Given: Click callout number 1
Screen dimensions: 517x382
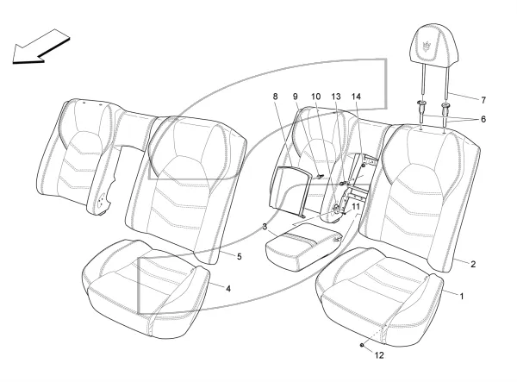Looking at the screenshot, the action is click(462, 297).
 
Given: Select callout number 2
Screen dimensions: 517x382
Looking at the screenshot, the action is click(473, 264).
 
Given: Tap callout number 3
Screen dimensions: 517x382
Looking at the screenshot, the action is click(265, 227).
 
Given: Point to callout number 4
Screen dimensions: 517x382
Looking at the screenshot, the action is click(228, 289).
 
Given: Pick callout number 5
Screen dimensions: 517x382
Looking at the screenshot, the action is click(240, 256).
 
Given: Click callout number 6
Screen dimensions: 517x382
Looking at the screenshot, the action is click(483, 119).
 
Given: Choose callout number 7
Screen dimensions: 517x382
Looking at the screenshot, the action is click(483, 100).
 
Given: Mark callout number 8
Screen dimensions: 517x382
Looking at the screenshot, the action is click(276, 97).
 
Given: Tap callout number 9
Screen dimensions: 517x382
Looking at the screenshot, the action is click(296, 97).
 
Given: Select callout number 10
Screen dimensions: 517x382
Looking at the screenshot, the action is click(315, 97).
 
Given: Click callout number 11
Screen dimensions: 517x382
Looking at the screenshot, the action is click(356, 207).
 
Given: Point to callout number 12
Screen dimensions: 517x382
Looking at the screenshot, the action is click(379, 355).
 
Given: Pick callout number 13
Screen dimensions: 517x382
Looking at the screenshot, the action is click(336, 97).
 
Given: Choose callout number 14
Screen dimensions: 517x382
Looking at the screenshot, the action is click(356, 97).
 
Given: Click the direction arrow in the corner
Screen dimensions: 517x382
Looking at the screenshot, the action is click(40, 46).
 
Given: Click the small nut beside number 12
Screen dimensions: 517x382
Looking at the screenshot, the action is click(362, 345).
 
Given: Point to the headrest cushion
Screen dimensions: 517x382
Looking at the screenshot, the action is click(432, 43).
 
